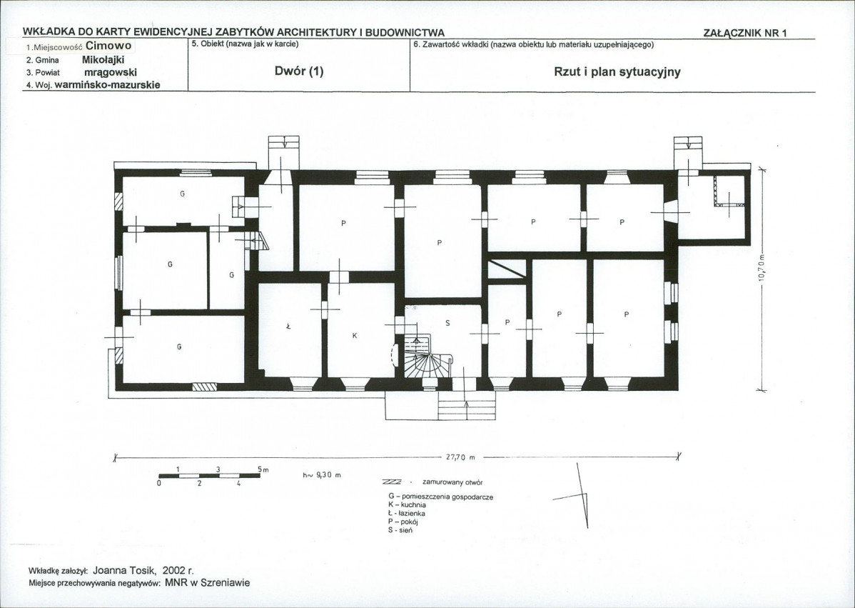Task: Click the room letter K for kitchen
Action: [x=355, y=336]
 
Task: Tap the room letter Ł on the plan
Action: [x=288, y=327]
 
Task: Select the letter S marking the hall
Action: [x=447, y=323]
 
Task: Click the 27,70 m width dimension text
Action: [x=461, y=457]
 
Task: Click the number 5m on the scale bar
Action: [x=263, y=469]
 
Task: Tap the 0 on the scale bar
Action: [x=159, y=483]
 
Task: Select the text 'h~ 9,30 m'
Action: [x=322, y=475]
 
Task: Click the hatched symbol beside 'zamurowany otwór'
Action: [x=392, y=482]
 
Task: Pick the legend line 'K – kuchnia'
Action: [x=407, y=505]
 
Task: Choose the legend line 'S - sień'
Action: [x=400, y=530]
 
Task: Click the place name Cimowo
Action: [x=108, y=46]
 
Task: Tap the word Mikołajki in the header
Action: [x=103, y=59]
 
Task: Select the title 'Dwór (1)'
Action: [x=299, y=71]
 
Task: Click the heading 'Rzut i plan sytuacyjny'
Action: [x=617, y=72]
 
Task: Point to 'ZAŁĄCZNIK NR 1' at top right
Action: [x=745, y=33]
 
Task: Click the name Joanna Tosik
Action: [x=124, y=570]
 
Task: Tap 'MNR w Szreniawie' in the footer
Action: [x=207, y=583]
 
